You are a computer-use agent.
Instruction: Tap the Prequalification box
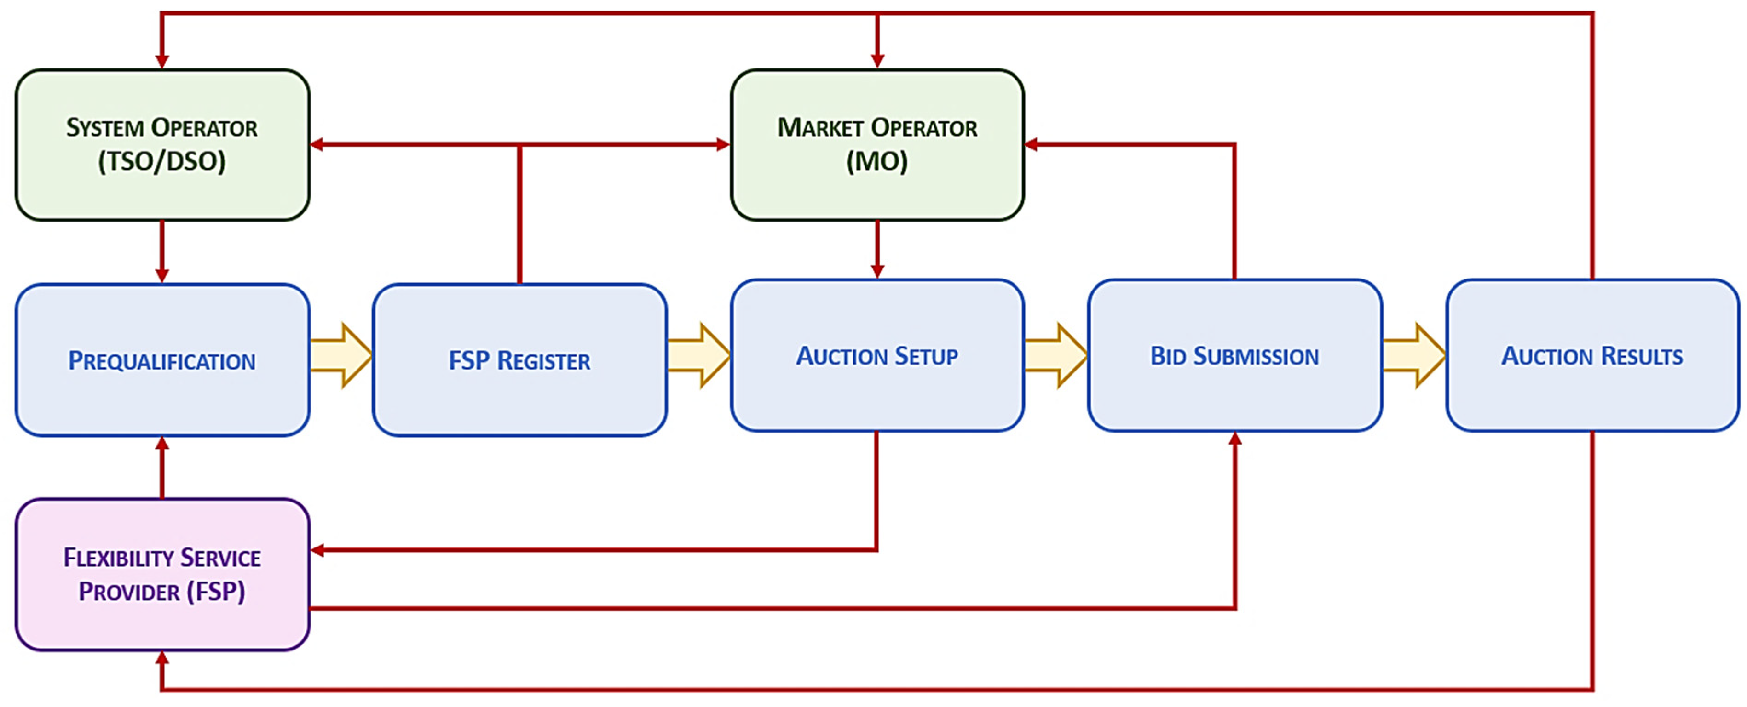[162, 360]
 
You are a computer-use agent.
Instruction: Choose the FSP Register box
[519, 360]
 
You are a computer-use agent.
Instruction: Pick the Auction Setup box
[877, 355]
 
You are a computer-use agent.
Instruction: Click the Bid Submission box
[1234, 355]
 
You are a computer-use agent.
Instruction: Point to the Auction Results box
[1591, 355]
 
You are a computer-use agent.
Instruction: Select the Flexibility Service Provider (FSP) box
[162, 574]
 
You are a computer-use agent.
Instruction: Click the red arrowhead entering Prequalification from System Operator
[162, 274]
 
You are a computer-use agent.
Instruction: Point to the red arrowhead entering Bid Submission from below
[1235, 439]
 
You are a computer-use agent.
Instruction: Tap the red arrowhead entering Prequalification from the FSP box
[162, 444]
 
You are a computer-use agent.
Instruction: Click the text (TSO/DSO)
[162, 161]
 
